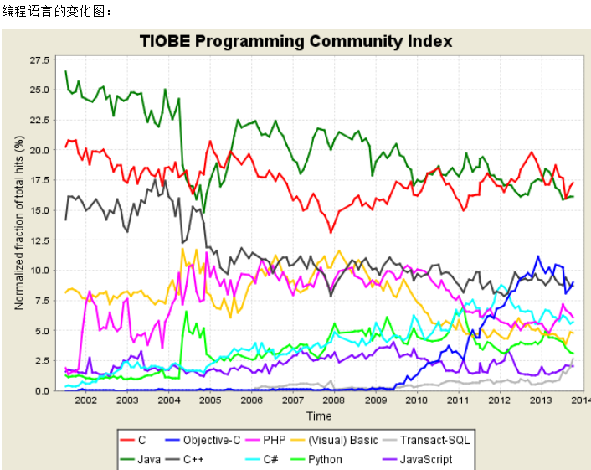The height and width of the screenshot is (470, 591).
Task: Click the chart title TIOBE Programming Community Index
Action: coord(295,41)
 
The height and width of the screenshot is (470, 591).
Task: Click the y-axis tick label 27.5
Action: coord(39,60)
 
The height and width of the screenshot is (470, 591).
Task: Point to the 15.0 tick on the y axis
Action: coord(39,210)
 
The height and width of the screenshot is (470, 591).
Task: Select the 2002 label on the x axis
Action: coord(85,402)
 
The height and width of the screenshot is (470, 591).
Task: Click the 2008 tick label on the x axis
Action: coord(333,402)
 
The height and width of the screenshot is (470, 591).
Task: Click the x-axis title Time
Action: coord(318,416)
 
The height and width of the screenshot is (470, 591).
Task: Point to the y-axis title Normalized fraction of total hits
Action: coord(18,224)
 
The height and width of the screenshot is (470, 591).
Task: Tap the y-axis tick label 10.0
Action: coord(39,271)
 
